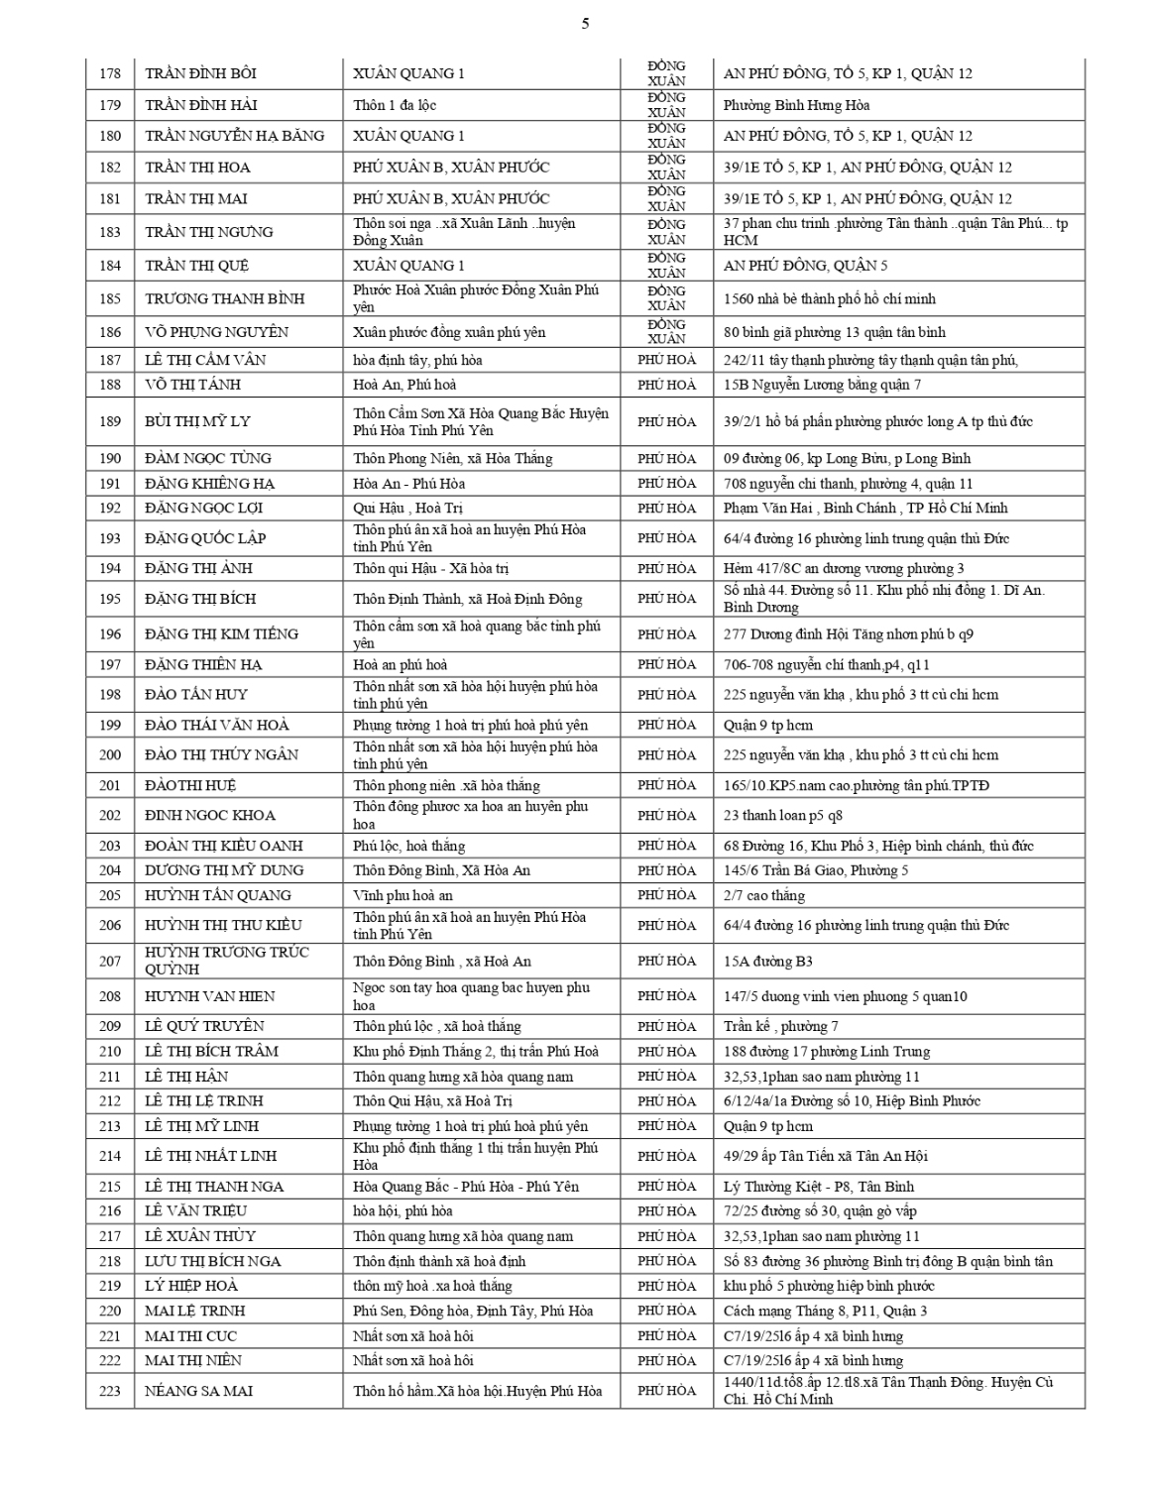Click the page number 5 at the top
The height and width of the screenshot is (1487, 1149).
pos(585,24)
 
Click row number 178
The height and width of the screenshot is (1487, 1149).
pos(110,73)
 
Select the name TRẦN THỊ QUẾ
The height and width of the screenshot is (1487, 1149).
pos(196,266)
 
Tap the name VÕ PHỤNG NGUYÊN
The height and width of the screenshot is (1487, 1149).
pos(218,332)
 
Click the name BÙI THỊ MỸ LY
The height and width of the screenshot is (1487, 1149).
pos(197,421)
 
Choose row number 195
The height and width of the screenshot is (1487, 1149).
pos(110,599)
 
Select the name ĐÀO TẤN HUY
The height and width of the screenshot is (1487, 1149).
pos(196,695)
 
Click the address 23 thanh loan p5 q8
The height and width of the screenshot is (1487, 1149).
pos(782,816)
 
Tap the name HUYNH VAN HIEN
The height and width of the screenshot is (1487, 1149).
pos(209,996)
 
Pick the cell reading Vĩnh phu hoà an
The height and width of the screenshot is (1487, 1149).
pos(402,895)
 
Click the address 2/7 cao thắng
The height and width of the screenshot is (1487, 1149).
pos(764,895)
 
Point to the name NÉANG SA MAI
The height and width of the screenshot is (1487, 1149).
pos(198,1391)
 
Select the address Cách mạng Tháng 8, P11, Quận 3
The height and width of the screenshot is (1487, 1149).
pos(826,1311)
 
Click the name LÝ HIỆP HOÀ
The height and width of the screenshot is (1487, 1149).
pos(191,1286)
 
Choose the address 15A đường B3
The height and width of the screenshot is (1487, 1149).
pos(768,961)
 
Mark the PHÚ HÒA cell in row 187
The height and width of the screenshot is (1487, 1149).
pos(666,360)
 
